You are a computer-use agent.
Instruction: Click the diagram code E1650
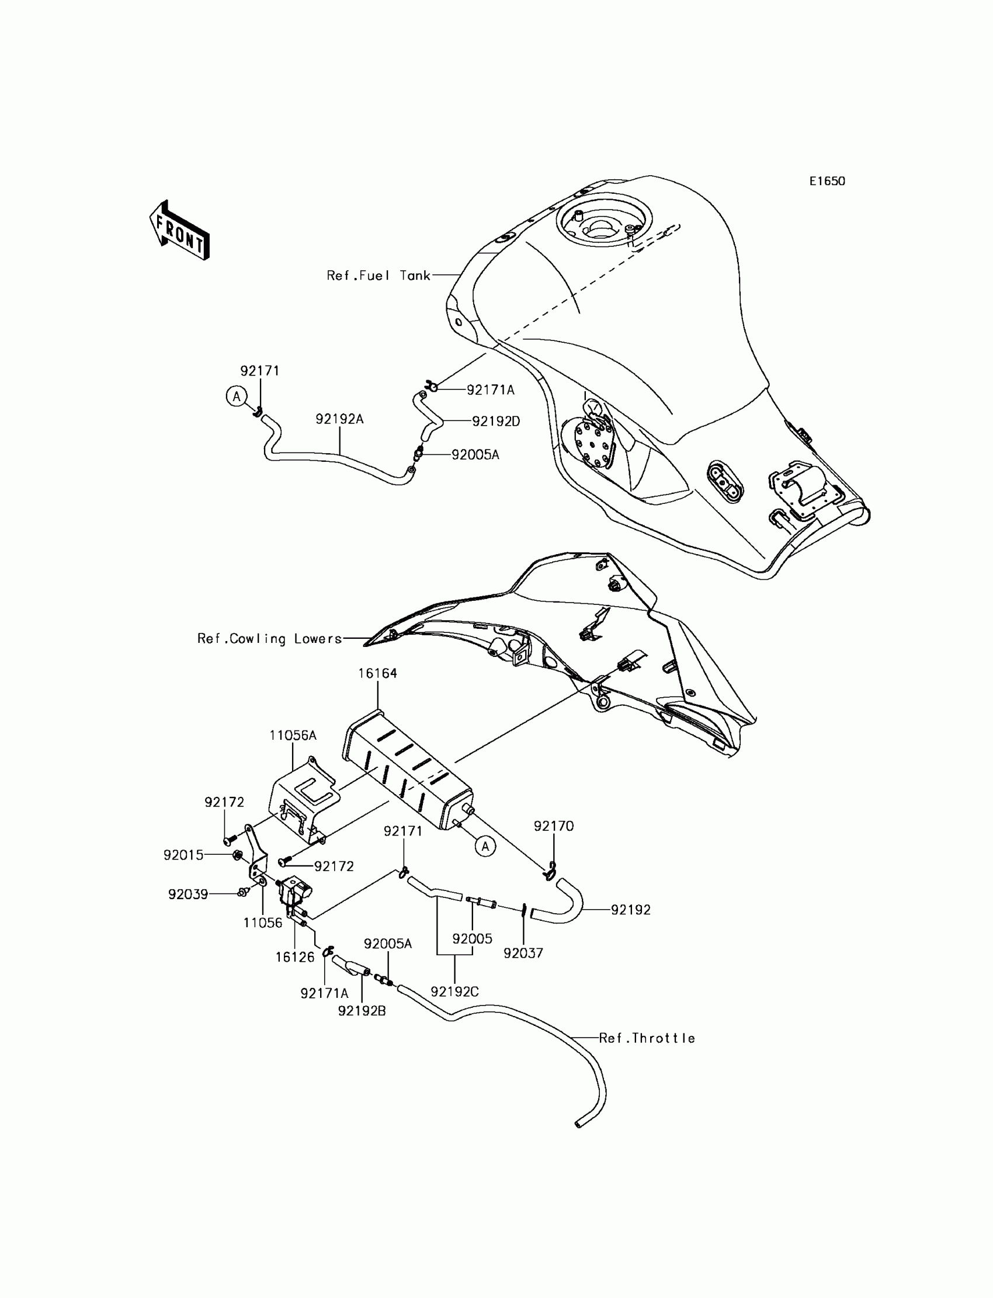point(827,182)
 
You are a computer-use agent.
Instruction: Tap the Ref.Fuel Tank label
point(379,276)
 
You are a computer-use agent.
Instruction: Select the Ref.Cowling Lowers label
point(269,639)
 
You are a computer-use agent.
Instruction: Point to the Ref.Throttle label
point(647,1038)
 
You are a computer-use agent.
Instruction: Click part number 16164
point(377,673)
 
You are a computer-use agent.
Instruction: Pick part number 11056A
point(293,736)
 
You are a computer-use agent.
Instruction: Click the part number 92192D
point(496,421)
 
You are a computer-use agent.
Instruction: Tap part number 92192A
point(339,419)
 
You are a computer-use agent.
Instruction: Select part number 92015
point(183,855)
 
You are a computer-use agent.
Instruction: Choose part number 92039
point(188,895)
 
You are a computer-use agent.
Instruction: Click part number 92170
point(553,826)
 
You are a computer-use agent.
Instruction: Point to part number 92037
point(523,953)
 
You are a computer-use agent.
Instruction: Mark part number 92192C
point(454,991)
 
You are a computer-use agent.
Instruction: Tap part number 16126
point(295,957)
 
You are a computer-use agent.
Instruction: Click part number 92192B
point(362,1011)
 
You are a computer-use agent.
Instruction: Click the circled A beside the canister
point(485,847)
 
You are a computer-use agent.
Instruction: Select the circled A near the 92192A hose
point(237,396)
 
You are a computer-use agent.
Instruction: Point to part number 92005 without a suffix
point(472,939)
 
